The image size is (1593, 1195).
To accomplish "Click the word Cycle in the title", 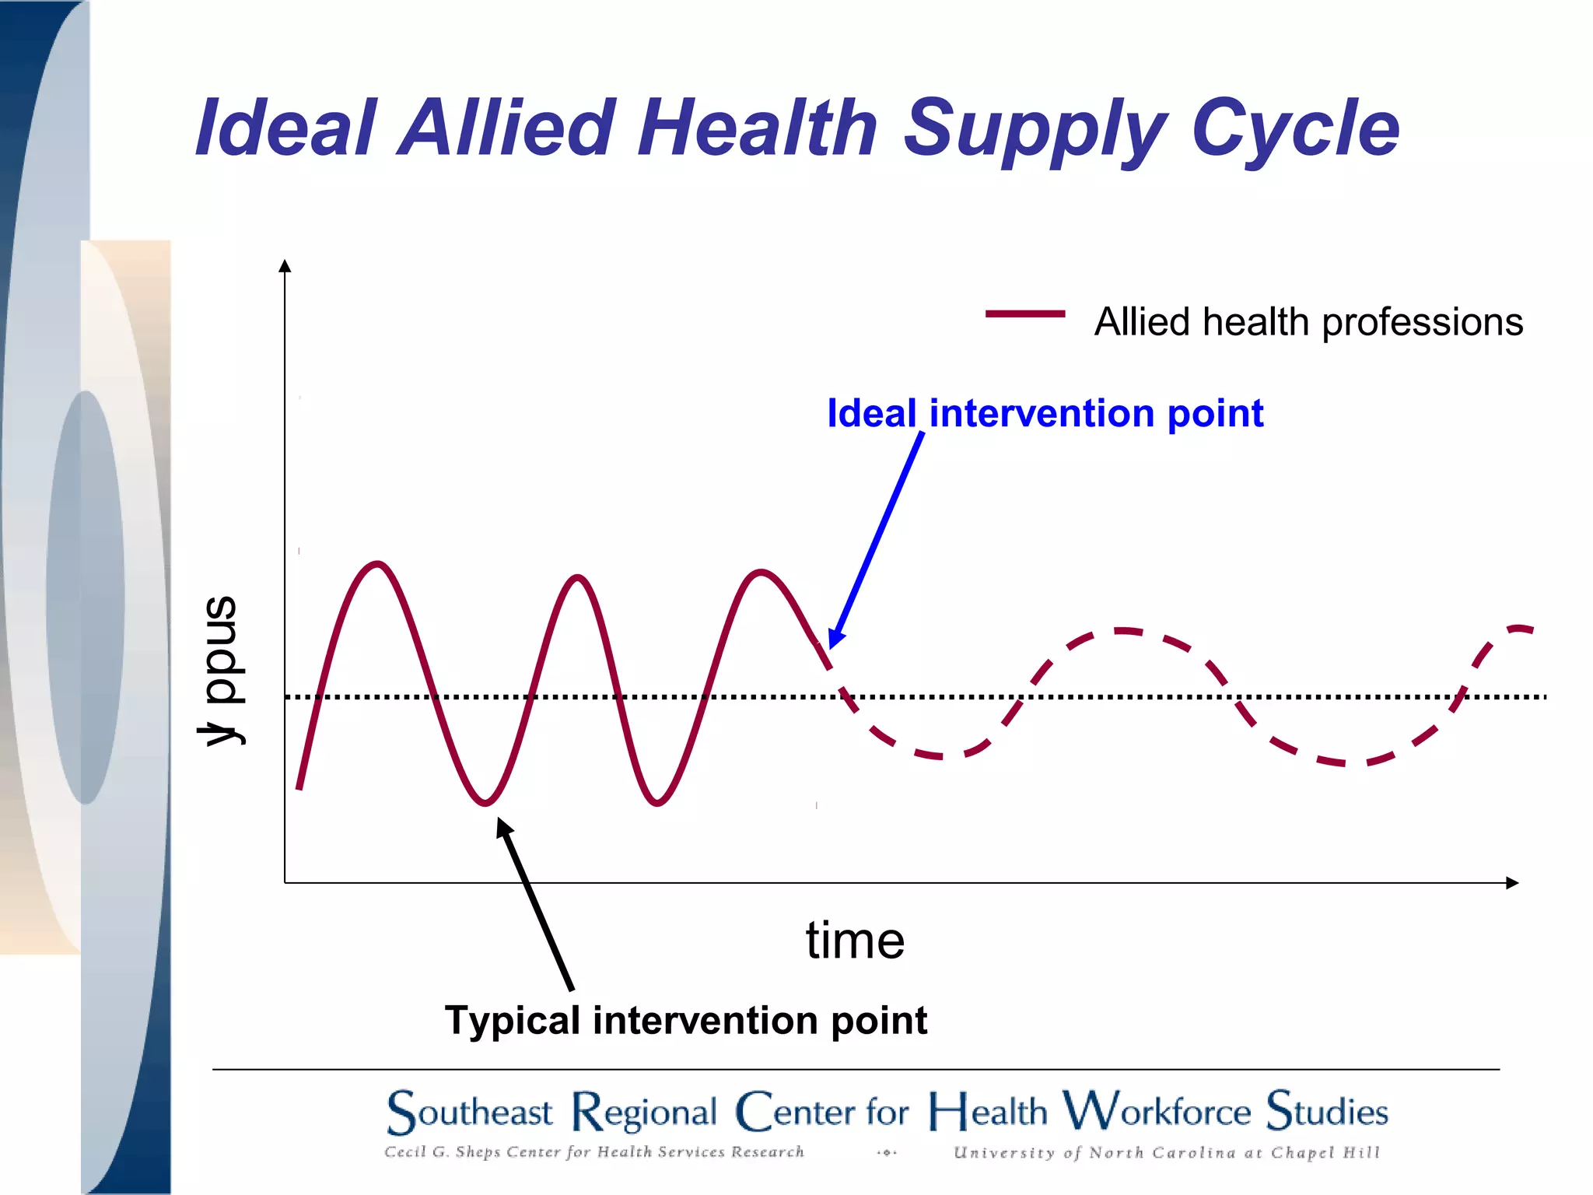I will tap(1294, 128).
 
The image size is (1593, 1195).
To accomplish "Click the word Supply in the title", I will tap(1035, 128).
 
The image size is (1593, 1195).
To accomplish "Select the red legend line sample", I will tap(1024, 314).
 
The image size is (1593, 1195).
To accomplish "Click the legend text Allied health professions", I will tap(1308, 322).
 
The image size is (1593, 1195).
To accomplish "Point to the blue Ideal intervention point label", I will tap(1045, 413).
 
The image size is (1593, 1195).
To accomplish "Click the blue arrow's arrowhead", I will tap(834, 639).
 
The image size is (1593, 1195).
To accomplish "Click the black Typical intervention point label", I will tap(685, 1020).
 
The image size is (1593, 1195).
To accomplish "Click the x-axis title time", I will tap(854, 941).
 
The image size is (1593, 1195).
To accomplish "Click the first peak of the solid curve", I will tap(377, 563).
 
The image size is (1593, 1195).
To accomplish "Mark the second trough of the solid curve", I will tap(657, 803).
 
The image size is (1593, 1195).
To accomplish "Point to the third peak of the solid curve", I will tap(761, 573).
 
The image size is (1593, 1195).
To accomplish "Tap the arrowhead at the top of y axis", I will tap(285, 266).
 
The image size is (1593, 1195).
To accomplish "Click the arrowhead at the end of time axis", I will tap(1512, 882).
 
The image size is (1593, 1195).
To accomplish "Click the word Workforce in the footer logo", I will tap(1157, 1111).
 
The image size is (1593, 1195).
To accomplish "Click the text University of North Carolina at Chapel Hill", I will tap(1166, 1152).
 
